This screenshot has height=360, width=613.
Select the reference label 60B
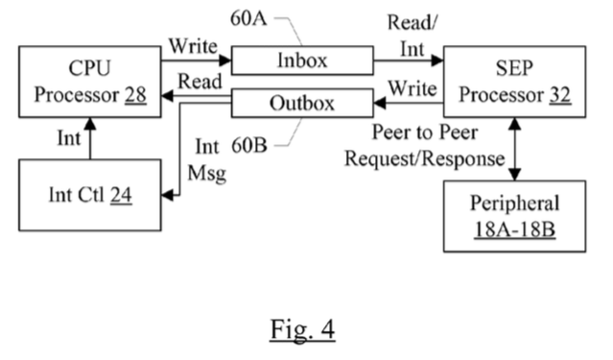[x=250, y=145]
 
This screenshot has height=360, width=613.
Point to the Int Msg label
[x=206, y=159]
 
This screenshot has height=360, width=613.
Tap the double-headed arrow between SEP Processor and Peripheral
[x=516, y=150]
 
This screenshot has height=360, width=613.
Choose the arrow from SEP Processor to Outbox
[x=409, y=103]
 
